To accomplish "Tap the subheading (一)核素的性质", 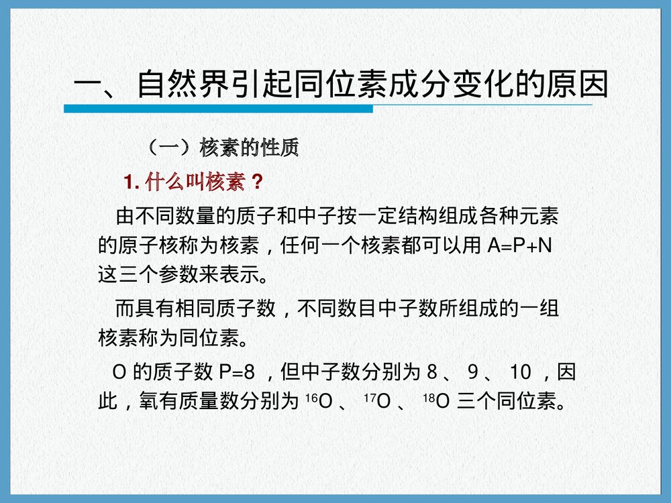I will click(222, 148).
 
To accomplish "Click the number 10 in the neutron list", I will click(521, 371).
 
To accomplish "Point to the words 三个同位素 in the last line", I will click(506, 402).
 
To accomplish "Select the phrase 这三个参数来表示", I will click(178, 274).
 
